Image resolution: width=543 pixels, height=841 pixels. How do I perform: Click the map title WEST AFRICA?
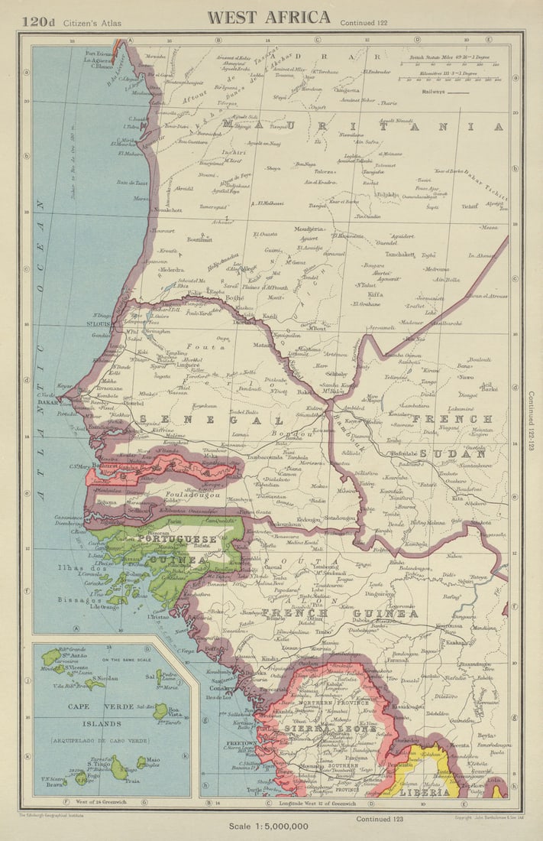pos(269,17)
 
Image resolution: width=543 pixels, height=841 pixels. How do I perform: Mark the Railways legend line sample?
pos(458,91)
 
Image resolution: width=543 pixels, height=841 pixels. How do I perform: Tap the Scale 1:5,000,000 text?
pos(269,826)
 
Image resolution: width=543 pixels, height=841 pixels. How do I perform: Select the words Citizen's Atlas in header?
pos(92,23)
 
